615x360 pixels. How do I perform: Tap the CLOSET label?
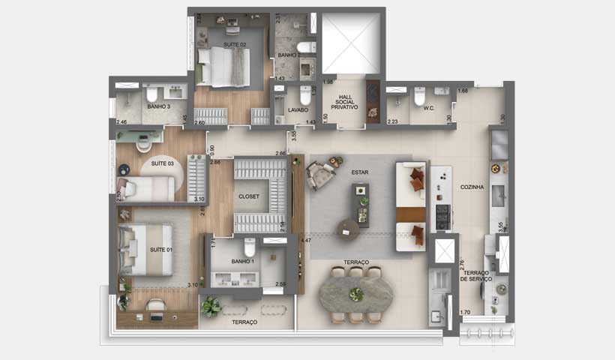248,196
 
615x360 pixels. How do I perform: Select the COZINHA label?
472,187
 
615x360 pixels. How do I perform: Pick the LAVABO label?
298,109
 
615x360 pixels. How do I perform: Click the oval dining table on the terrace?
356,294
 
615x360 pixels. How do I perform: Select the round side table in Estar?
347,226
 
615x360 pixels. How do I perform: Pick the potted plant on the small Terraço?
212,306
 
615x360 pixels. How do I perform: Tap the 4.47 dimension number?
306,241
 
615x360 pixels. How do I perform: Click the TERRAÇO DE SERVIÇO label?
477,275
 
